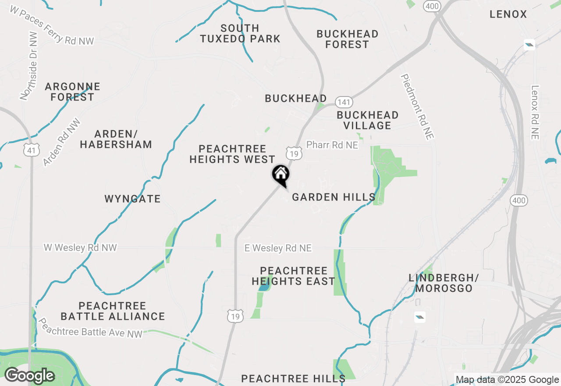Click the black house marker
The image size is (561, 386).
(280, 175)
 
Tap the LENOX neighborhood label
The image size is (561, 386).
(508, 14)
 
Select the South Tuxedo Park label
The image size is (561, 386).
(240, 34)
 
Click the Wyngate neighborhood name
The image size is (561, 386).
(132, 199)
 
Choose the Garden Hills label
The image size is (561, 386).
(334, 197)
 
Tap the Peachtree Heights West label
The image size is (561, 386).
(232, 154)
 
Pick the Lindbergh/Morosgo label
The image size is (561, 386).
(444, 283)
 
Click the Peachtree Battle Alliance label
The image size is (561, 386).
(113, 311)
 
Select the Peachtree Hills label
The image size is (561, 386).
(293, 378)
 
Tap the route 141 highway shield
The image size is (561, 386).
(344, 102)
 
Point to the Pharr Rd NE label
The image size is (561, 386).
(332, 145)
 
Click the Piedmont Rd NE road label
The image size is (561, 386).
(417, 107)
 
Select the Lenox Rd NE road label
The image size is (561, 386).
(534, 112)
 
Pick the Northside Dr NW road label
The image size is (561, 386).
(29, 66)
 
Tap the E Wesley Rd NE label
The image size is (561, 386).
(278, 248)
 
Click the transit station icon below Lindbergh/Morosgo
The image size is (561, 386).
(419, 317)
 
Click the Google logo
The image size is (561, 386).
(29, 376)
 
